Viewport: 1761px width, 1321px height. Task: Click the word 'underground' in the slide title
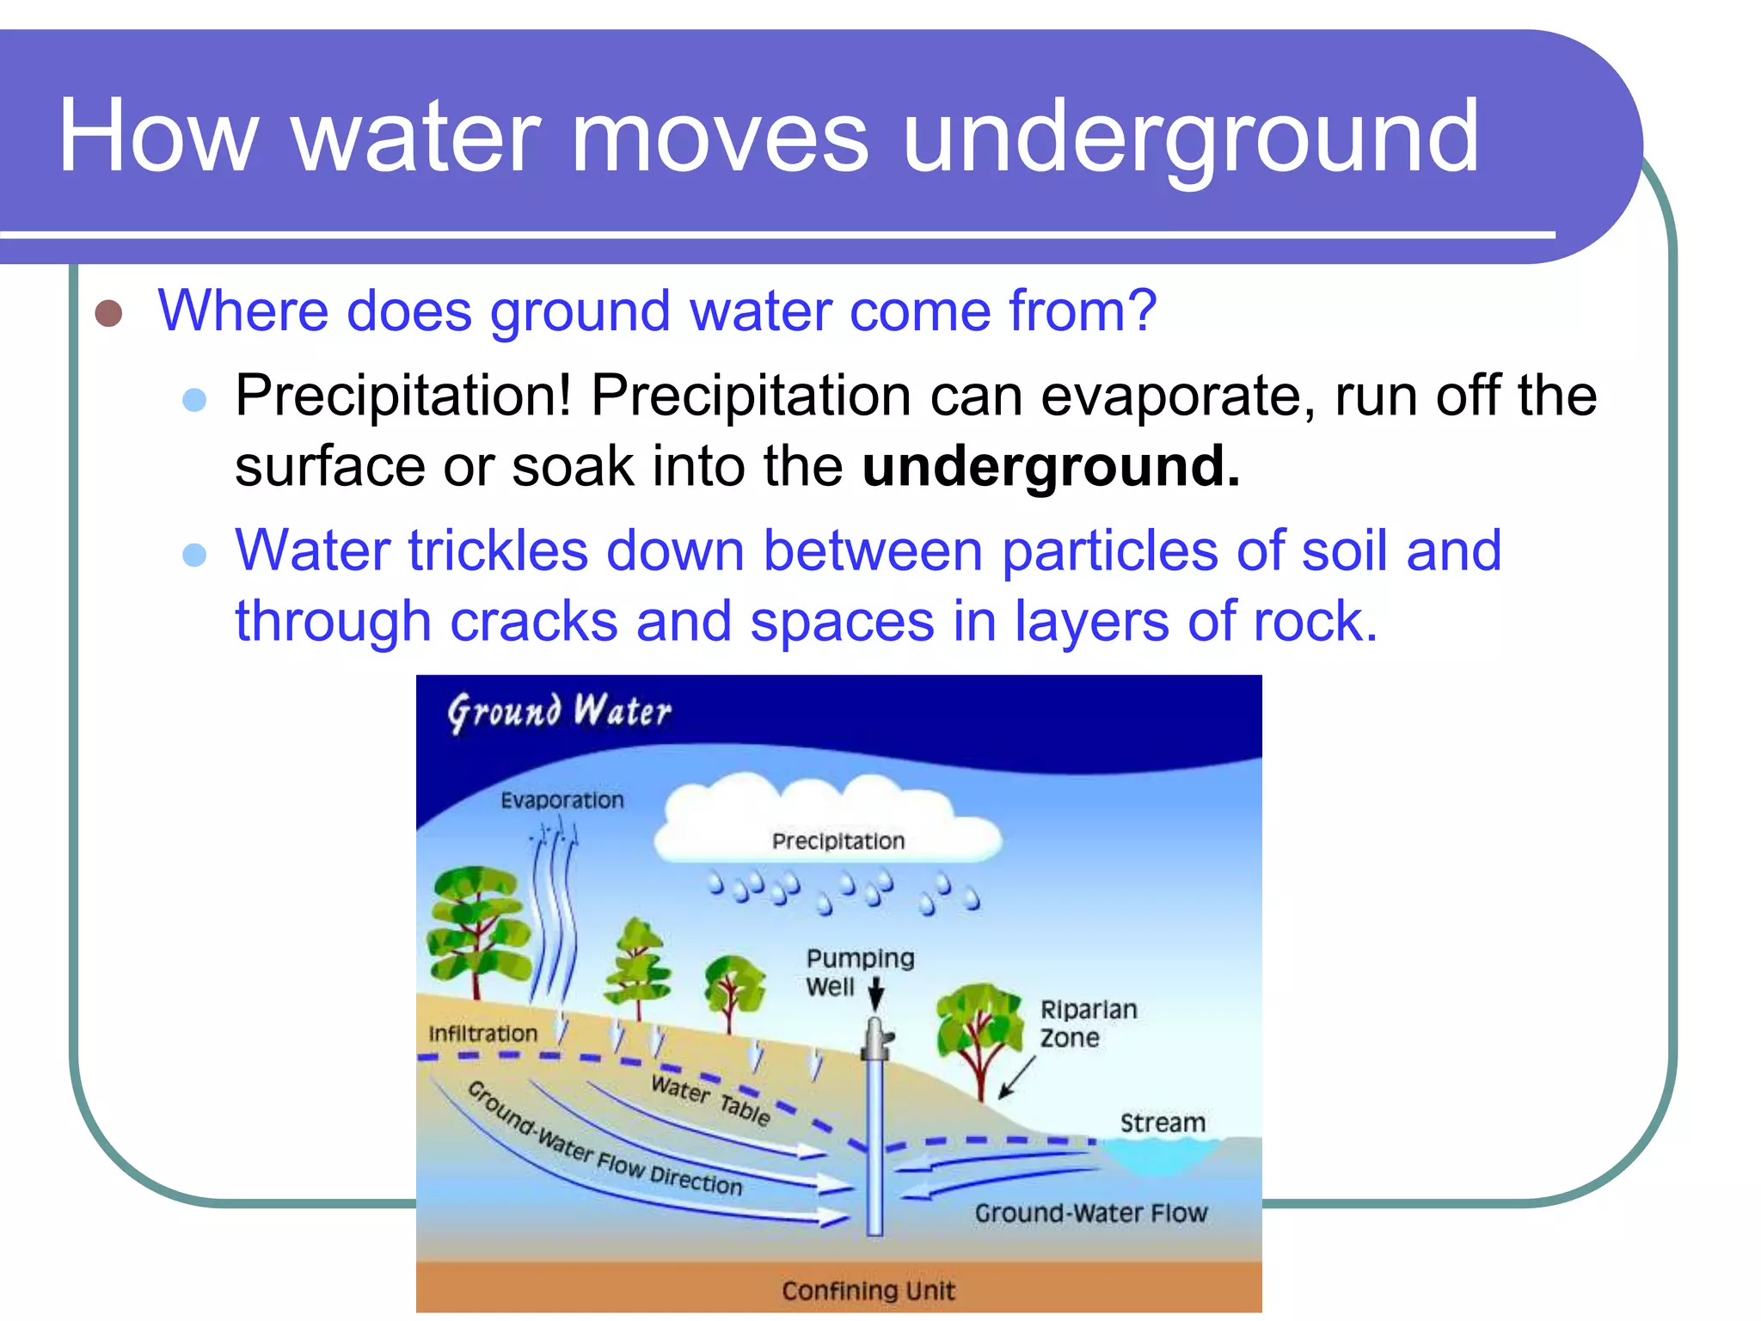tap(1191, 138)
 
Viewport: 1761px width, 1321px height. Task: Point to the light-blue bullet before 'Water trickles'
tap(195, 554)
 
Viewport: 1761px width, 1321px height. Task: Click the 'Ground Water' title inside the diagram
tap(559, 711)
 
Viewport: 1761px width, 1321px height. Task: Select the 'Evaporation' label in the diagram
tap(562, 801)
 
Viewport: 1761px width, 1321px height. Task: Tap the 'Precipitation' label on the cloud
tap(838, 841)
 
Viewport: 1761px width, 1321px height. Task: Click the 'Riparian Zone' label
tap(1087, 1023)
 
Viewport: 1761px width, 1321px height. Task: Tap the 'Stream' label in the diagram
tap(1163, 1123)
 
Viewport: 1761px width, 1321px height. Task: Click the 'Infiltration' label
tap(482, 1034)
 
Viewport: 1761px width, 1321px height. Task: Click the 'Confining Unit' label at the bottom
tap(868, 1290)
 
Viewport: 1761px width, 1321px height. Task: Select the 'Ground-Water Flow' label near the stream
tap(1090, 1213)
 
